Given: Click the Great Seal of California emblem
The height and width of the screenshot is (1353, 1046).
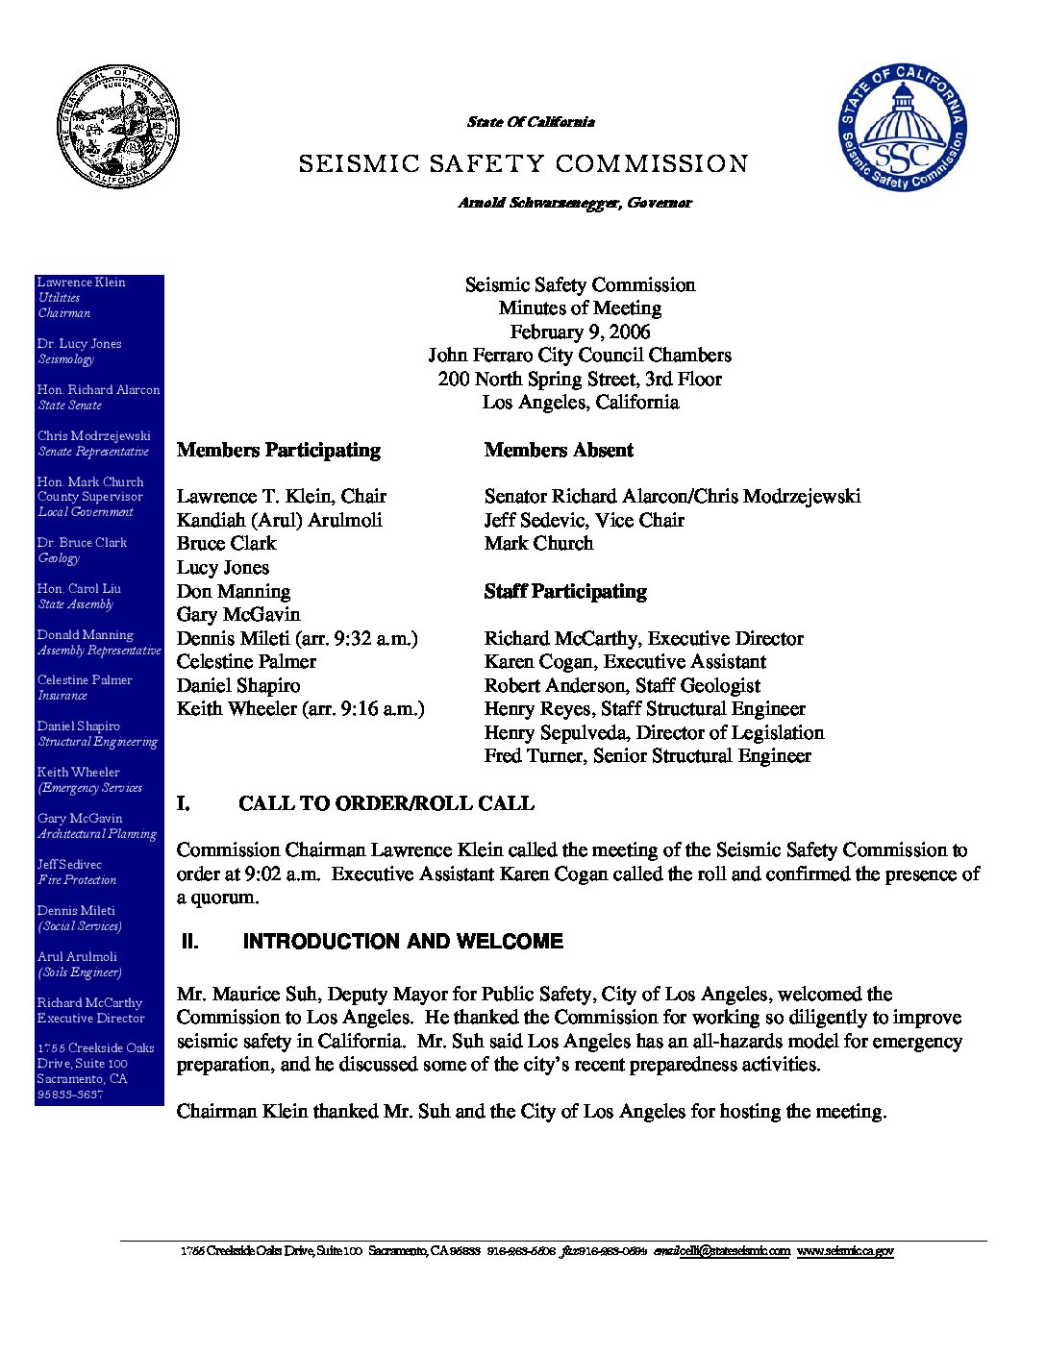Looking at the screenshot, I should [x=117, y=127].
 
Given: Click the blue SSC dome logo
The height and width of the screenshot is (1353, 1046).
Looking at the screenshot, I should [x=902, y=128].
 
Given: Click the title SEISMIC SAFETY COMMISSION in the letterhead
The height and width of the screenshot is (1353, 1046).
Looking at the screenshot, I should [x=523, y=164].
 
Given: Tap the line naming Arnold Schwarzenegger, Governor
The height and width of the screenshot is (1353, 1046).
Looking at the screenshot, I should [x=575, y=203].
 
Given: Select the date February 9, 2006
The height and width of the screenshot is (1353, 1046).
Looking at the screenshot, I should [x=580, y=332].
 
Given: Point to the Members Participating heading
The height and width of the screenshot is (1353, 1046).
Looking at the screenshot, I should [x=279, y=450].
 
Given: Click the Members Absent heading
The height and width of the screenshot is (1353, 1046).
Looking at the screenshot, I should [x=559, y=450].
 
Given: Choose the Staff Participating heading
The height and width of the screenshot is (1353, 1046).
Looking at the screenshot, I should [x=565, y=591].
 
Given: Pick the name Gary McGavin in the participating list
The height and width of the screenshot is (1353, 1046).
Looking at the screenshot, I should [x=238, y=614].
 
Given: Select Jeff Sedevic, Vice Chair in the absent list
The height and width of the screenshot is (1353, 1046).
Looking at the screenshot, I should [x=585, y=520].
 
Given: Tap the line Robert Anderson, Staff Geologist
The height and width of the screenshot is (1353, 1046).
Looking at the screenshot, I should [x=622, y=685].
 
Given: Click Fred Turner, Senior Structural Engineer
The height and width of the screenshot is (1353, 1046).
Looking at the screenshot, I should [x=647, y=755].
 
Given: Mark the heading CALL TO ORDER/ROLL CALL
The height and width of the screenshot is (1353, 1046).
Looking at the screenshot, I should [x=386, y=803].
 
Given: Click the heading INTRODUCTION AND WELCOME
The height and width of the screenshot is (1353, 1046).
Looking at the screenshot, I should [x=403, y=942].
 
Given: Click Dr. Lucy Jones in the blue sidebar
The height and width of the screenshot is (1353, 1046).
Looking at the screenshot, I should [x=79, y=343].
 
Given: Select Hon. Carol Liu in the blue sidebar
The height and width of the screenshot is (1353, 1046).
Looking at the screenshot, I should [x=79, y=588].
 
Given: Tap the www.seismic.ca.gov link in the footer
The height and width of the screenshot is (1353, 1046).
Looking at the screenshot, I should [x=845, y=1251].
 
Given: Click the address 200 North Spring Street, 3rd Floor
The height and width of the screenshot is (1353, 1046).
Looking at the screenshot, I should [x=580, y=379].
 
